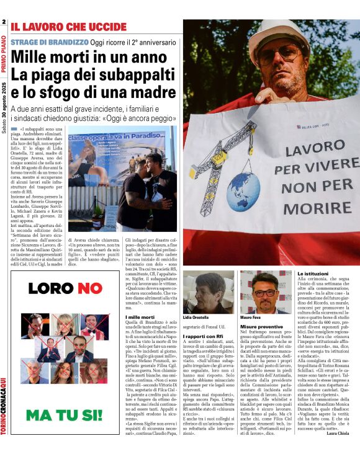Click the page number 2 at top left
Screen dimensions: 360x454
pos(4,22)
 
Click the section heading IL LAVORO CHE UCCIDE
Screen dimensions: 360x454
pos(68,27)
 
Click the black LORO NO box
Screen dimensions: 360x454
pos(65,288)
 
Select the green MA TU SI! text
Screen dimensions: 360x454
pos(65,414)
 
